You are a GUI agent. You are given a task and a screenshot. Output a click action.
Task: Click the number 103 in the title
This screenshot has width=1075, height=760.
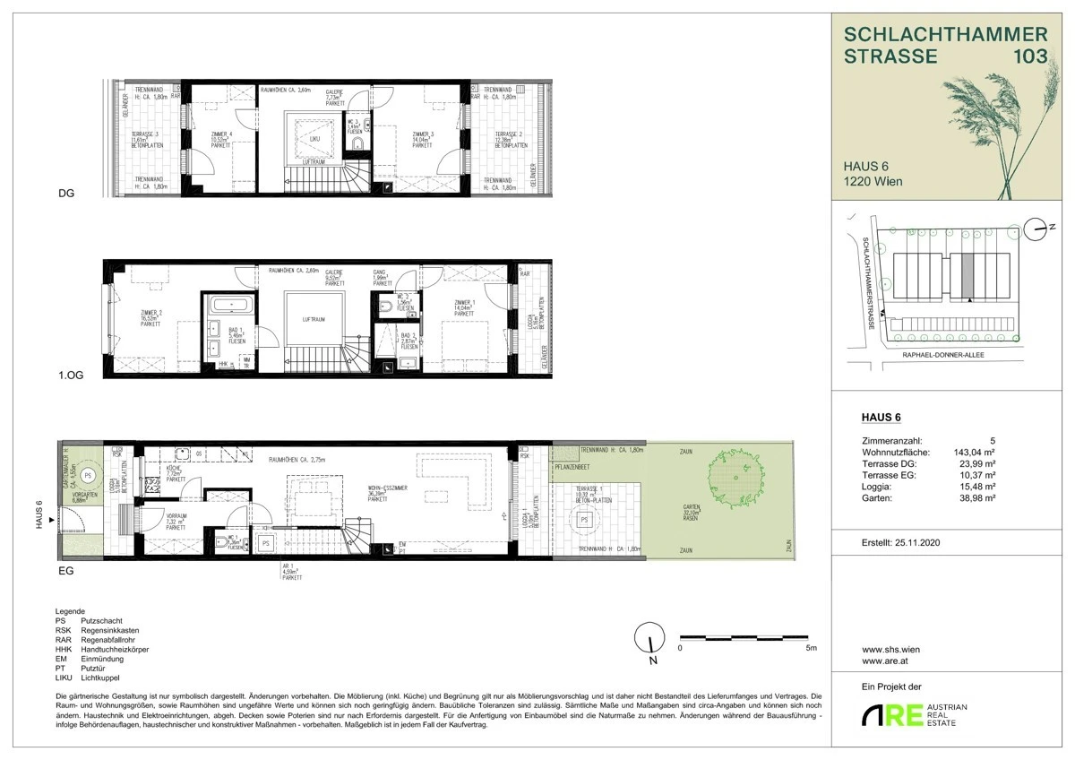point(1026,56)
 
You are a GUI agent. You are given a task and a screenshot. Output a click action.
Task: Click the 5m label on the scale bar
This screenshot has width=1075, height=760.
point(811,646)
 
